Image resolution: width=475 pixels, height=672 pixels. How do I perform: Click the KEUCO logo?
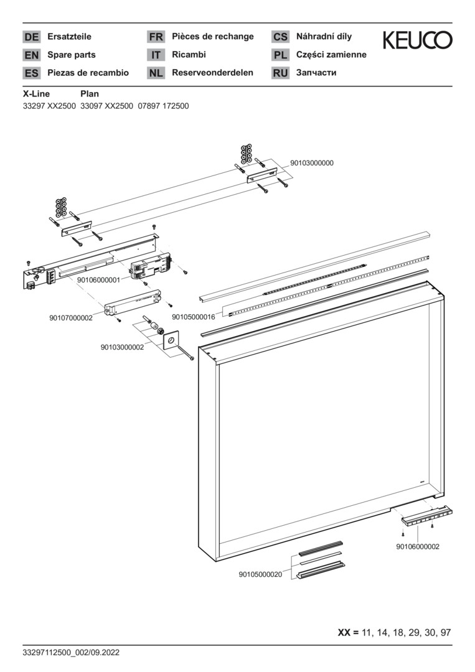(x=417, y=40)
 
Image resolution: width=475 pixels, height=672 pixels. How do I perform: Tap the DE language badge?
(x=31, y=37)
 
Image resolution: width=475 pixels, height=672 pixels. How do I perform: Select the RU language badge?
(x=280, y=73)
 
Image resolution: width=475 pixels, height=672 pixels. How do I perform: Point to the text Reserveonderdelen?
(x=212, y=73)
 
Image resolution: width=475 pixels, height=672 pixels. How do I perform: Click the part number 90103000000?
(x=312, y=163)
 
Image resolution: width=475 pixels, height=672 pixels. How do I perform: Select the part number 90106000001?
(x=98, y=281)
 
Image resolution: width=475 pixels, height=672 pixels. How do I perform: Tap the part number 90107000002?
(x=70, y=318)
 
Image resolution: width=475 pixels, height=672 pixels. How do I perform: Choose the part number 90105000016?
(x=193, y=317)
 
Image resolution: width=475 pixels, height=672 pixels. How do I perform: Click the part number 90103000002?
(x=122, y=347)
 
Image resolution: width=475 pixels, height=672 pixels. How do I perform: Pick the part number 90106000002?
(x=417, y=546)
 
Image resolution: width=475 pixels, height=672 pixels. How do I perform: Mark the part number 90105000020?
(x=260, y=574)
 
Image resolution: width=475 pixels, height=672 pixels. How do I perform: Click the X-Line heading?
(x=36, y=94)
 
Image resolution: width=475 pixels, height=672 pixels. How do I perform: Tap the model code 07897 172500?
(x=163, y=106)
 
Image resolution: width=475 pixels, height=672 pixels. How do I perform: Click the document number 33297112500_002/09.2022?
(x=70, y=653)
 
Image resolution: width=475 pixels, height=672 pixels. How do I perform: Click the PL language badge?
(x=280, y=55)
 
